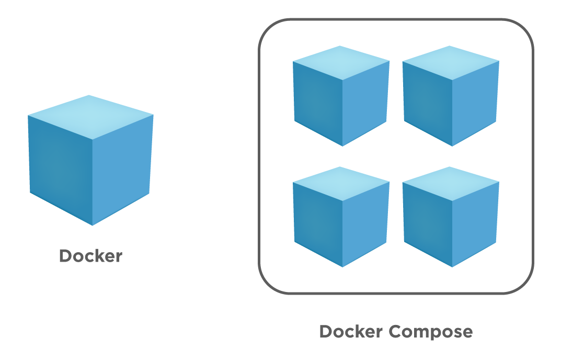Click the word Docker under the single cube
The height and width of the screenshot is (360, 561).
[90, 256]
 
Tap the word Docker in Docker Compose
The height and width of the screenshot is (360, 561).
[351, 332]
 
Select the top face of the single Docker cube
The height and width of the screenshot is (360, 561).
[90, 116]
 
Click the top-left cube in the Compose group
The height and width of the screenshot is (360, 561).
[341, 96]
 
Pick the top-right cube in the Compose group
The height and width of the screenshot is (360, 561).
[451, 96]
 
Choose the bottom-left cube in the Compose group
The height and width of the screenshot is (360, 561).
[341, 217]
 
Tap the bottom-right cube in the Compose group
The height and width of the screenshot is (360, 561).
[451, 217]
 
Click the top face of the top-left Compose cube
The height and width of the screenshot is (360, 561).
[341, 62]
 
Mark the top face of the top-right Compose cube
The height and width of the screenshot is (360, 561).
[451, 62]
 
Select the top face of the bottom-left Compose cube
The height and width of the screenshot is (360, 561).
[341, 183]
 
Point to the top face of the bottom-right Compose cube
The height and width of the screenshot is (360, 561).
[451, 183]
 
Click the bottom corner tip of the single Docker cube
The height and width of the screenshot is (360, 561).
[93, 224]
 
